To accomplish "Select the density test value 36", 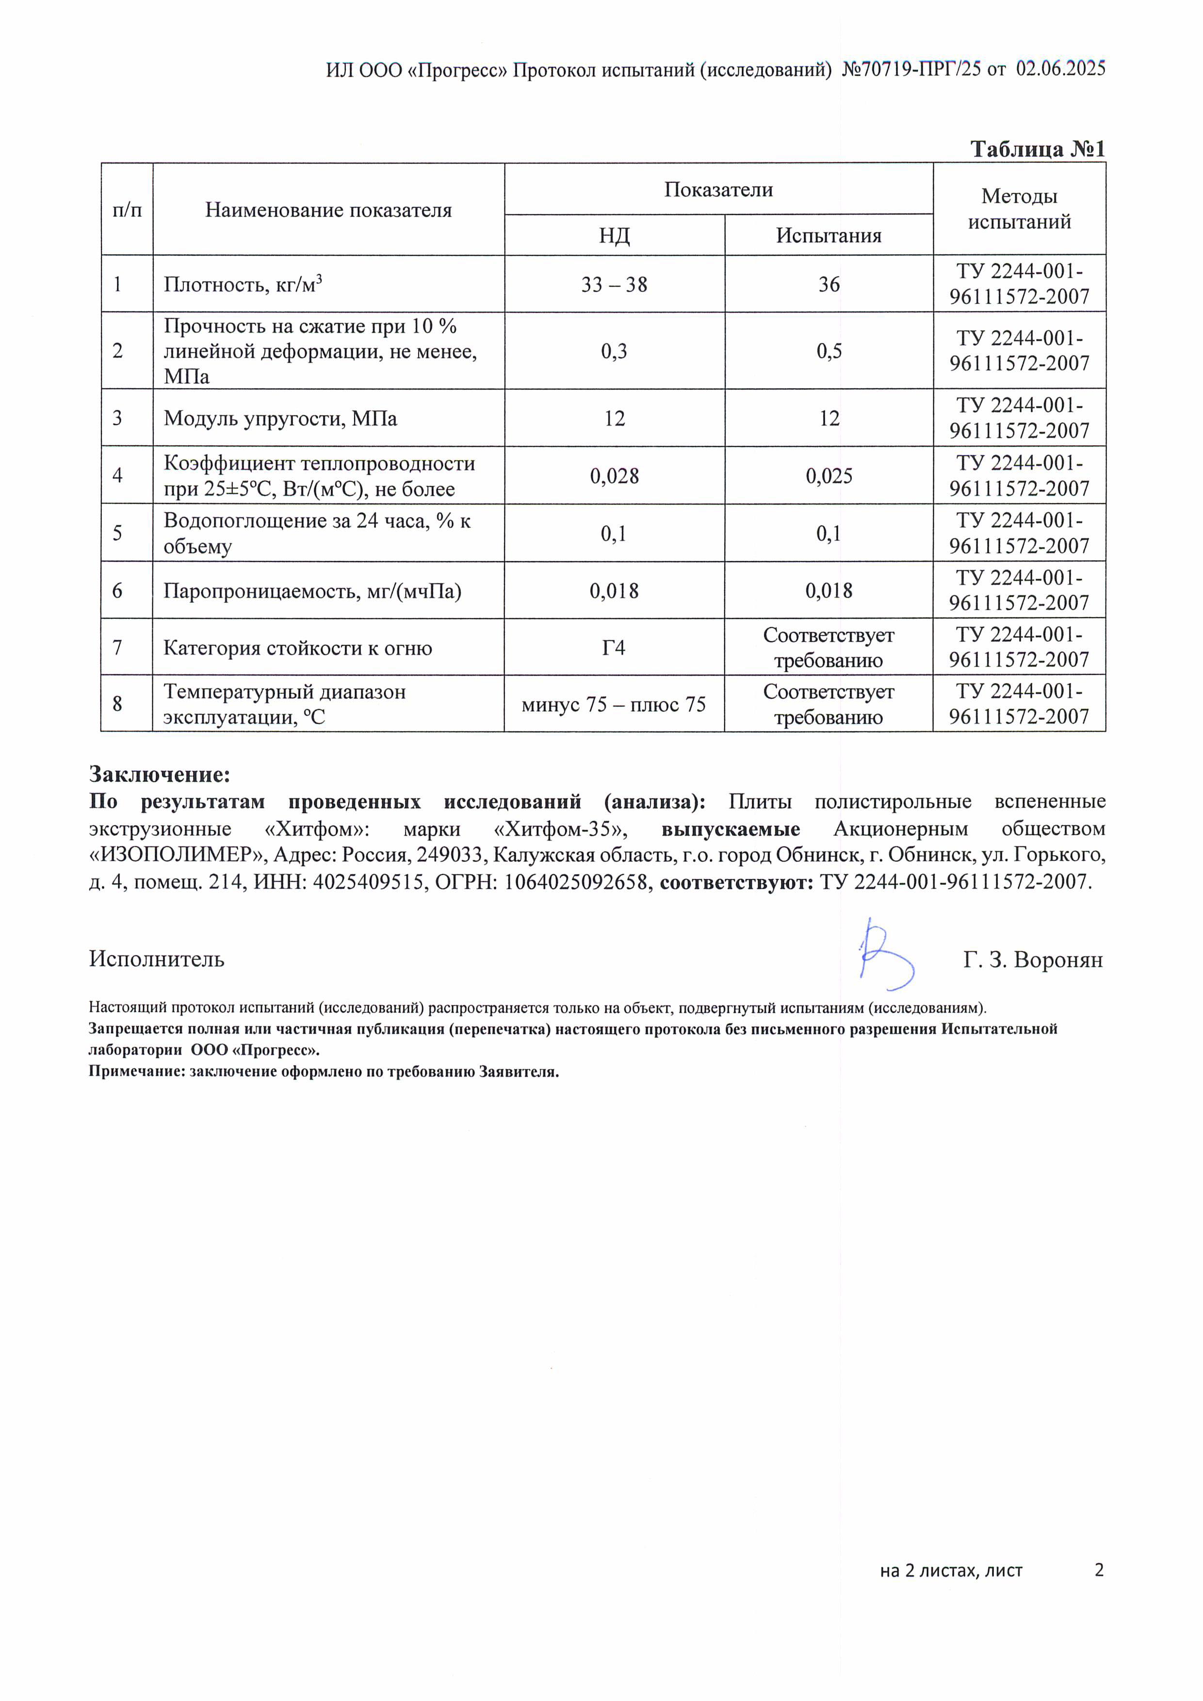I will click(x=829, y=285).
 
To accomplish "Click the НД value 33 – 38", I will click(x=614, y=285).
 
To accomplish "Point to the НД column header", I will click(x=614, y=236).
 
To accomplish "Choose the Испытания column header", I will click(x=829, y=236).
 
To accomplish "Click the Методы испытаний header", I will click(x=1019, y=209).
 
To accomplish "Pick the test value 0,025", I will click(x=829, y=476).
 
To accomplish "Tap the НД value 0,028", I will click(x=614, y=476).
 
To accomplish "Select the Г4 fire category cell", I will click(x=614, y=648).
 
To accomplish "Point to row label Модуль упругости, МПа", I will click(x=280, y=419).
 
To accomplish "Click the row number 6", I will click(x=117, y=590).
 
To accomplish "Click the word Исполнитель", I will click(x=156, y=959).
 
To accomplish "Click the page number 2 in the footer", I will click(x=1099, y=1569).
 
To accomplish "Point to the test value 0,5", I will click(x=829, y=351).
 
